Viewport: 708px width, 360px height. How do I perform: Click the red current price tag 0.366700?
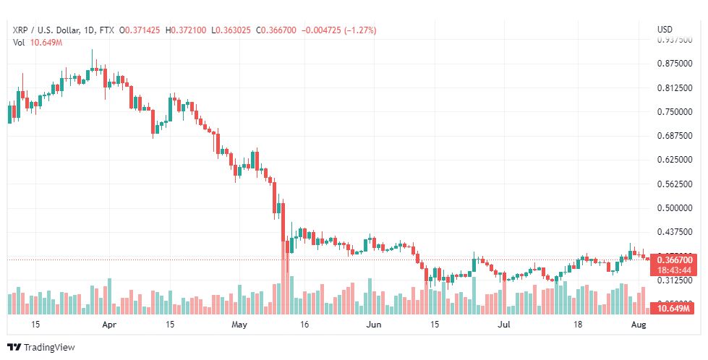[674, 260]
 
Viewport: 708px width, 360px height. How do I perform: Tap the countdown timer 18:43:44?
[674, 270]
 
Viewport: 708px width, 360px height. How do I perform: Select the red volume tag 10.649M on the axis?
[673, 309]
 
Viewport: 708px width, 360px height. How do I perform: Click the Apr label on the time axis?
[109, 325]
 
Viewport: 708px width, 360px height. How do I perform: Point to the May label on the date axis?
[239, 325]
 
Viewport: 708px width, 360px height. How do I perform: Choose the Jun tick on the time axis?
[373, 325]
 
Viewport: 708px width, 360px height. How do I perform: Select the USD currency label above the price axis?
[665, 30]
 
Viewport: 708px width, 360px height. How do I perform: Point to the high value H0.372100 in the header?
[186, 30]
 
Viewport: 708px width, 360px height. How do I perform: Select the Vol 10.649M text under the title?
[38, 43]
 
